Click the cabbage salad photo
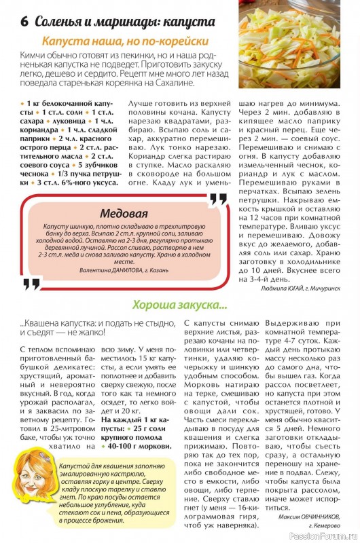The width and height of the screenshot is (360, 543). tap(298, 45)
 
